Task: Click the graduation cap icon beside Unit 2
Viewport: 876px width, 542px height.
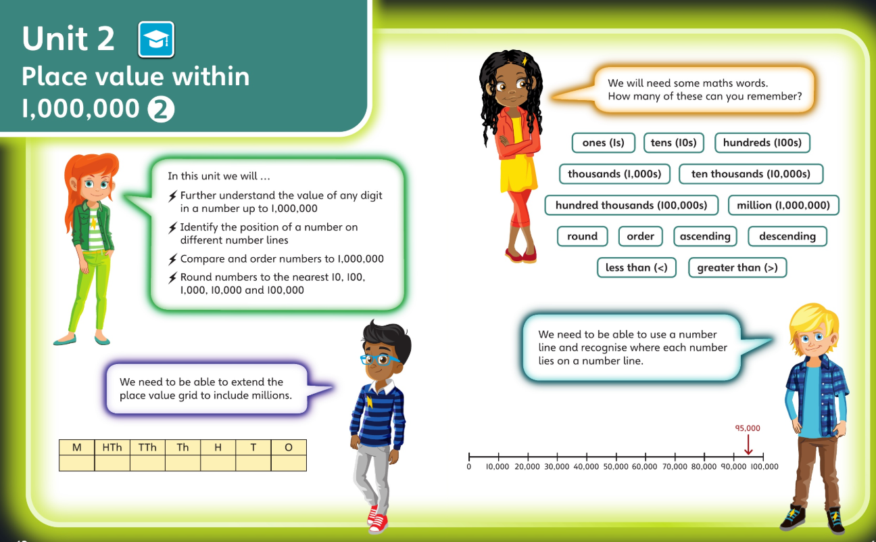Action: click(x=156, y=39)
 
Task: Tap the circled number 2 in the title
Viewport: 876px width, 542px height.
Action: click(x=161, y=110)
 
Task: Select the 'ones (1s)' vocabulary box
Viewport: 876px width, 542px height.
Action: click(x=603, y=143)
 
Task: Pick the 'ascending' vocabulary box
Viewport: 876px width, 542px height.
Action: click(x=705, y=236)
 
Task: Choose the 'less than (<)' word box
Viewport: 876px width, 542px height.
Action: click(x=636, y=267)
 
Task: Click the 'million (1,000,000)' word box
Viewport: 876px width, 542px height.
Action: click(x=783, y=205)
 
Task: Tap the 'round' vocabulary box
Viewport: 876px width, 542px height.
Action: click(x=582, y=236)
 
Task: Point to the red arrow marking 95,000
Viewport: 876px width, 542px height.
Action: click(x=748, y=445)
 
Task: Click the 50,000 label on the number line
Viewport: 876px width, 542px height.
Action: click(x=616, y=466)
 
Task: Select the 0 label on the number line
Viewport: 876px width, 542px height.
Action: click(x=468, y=466)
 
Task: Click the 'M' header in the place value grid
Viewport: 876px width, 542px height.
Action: click(x=76, y=447)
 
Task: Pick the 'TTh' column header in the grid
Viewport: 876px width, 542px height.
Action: click(x=147, y=447)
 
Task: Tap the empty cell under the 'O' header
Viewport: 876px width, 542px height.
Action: click(x=289, y=463)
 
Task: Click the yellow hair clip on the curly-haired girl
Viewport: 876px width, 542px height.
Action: click(x=524, y=61)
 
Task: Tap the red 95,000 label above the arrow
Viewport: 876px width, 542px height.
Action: click(x=748, y=428)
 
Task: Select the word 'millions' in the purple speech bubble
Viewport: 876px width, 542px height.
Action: click(x=272, y=395)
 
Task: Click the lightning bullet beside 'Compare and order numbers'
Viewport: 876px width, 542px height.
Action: click(x=172, y=259)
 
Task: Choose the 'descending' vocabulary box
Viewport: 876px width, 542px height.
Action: click(x=787, y=236)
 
